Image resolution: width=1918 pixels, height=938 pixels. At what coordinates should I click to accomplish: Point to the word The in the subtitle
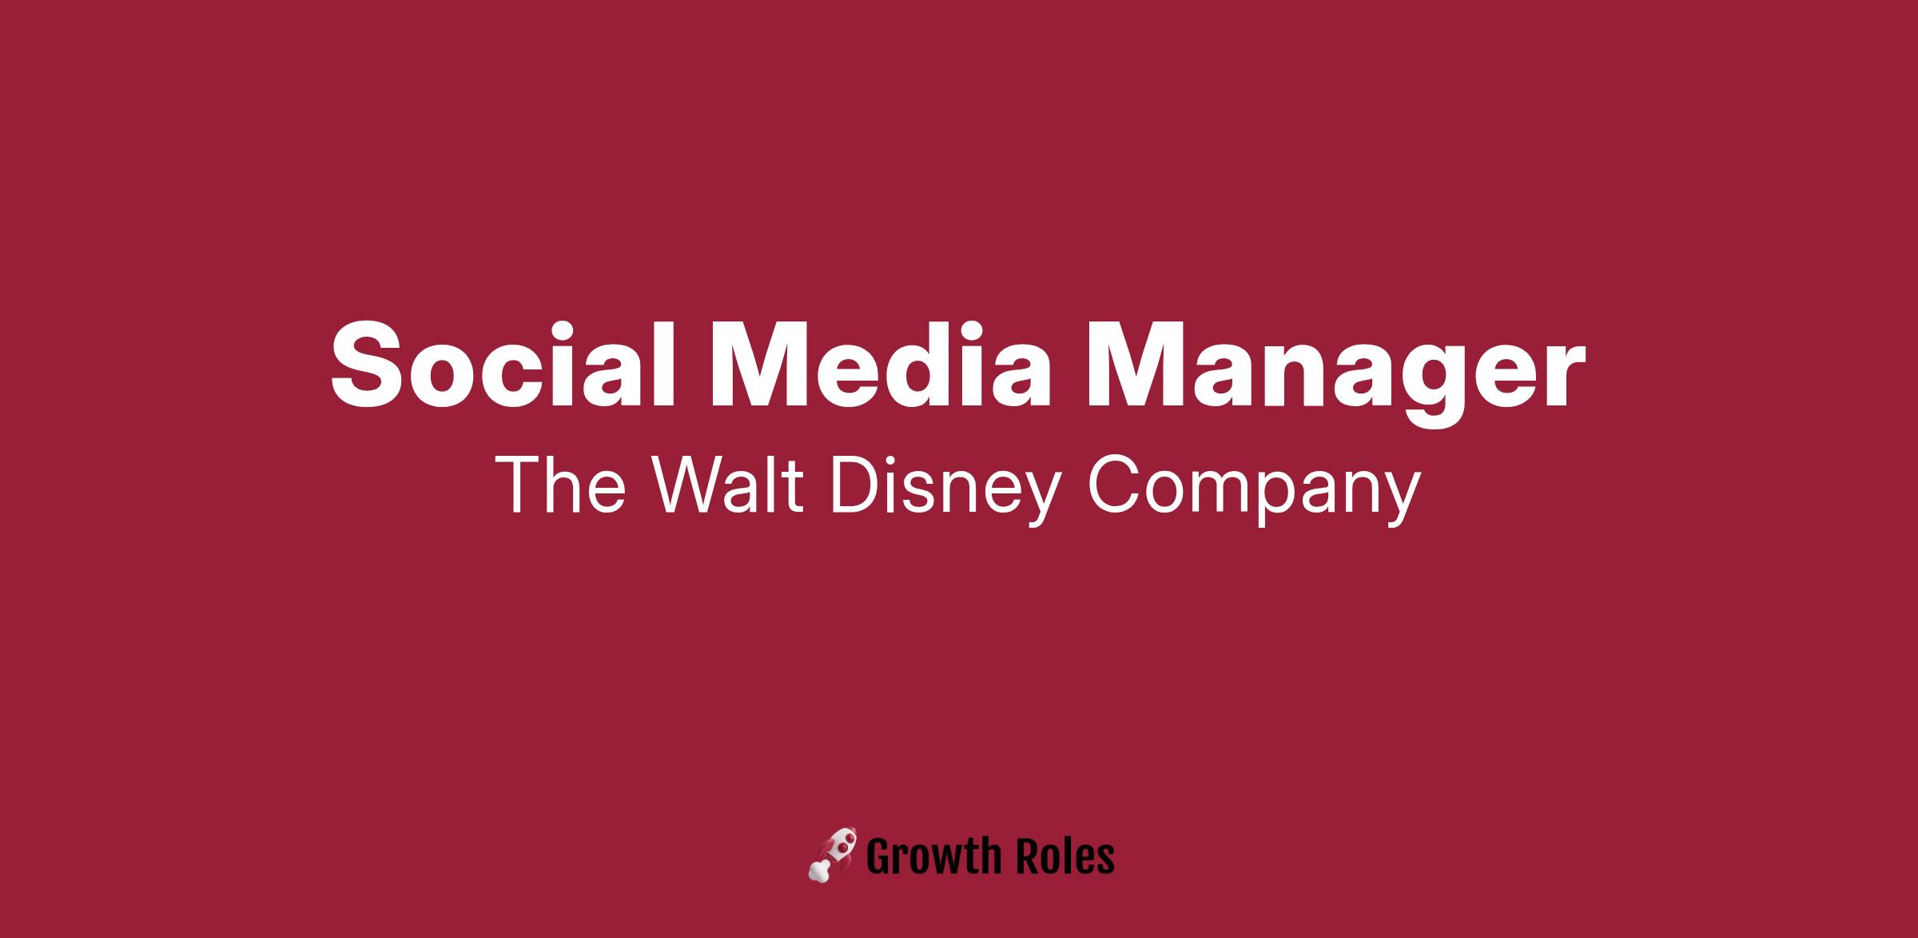(559, 485)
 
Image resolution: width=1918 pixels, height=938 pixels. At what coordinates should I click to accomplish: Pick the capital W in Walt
(690, 485)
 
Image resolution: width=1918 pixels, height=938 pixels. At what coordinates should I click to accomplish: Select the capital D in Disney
(855, 485)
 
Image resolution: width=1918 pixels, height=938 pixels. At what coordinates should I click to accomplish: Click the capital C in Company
(1114, 485)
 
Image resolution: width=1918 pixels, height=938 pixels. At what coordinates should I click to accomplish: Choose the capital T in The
(518, 485)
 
